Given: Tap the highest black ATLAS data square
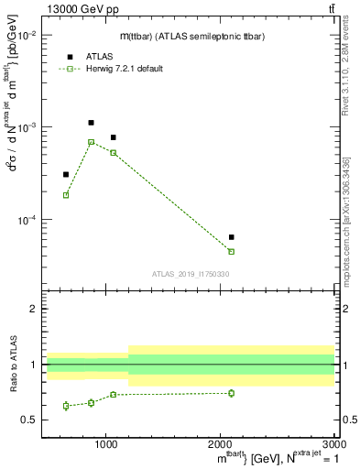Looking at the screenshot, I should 91,123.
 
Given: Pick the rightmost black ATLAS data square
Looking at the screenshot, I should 231,237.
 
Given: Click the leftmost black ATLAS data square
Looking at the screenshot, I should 66,174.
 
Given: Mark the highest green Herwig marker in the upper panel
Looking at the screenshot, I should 91,142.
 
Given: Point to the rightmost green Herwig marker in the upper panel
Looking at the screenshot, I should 231,251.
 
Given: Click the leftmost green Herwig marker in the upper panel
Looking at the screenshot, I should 66,195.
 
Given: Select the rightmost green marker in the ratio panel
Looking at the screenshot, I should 231,393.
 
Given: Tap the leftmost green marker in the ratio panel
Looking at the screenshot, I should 66,406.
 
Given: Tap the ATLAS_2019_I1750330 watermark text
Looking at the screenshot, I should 191,274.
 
